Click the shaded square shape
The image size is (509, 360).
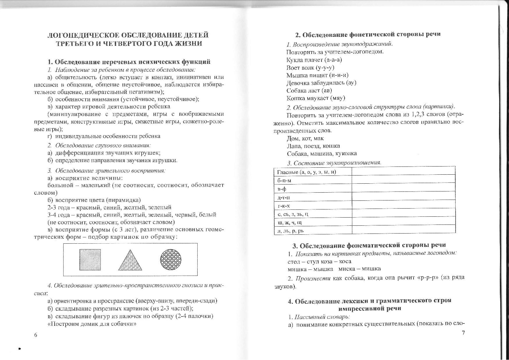(x=90, y=260)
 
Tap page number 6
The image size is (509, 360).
(x=36, y=335)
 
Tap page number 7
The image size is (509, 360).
(x=463, y=333)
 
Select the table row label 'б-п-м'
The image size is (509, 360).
(x=284, y=180)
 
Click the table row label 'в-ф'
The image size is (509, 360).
(x=282, y=189)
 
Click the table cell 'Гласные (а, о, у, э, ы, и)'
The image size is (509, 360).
(x=306, y=172)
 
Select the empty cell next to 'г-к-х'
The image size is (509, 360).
(x=403, y=205)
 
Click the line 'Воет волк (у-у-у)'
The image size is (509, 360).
(x=310, y=68)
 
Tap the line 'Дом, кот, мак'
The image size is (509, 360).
(x=305, y=138)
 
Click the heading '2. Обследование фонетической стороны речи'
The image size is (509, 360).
(x=368, y=34)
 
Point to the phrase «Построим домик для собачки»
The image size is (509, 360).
(x=92, y=323)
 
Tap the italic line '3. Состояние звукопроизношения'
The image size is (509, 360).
(x=334, y=163)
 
